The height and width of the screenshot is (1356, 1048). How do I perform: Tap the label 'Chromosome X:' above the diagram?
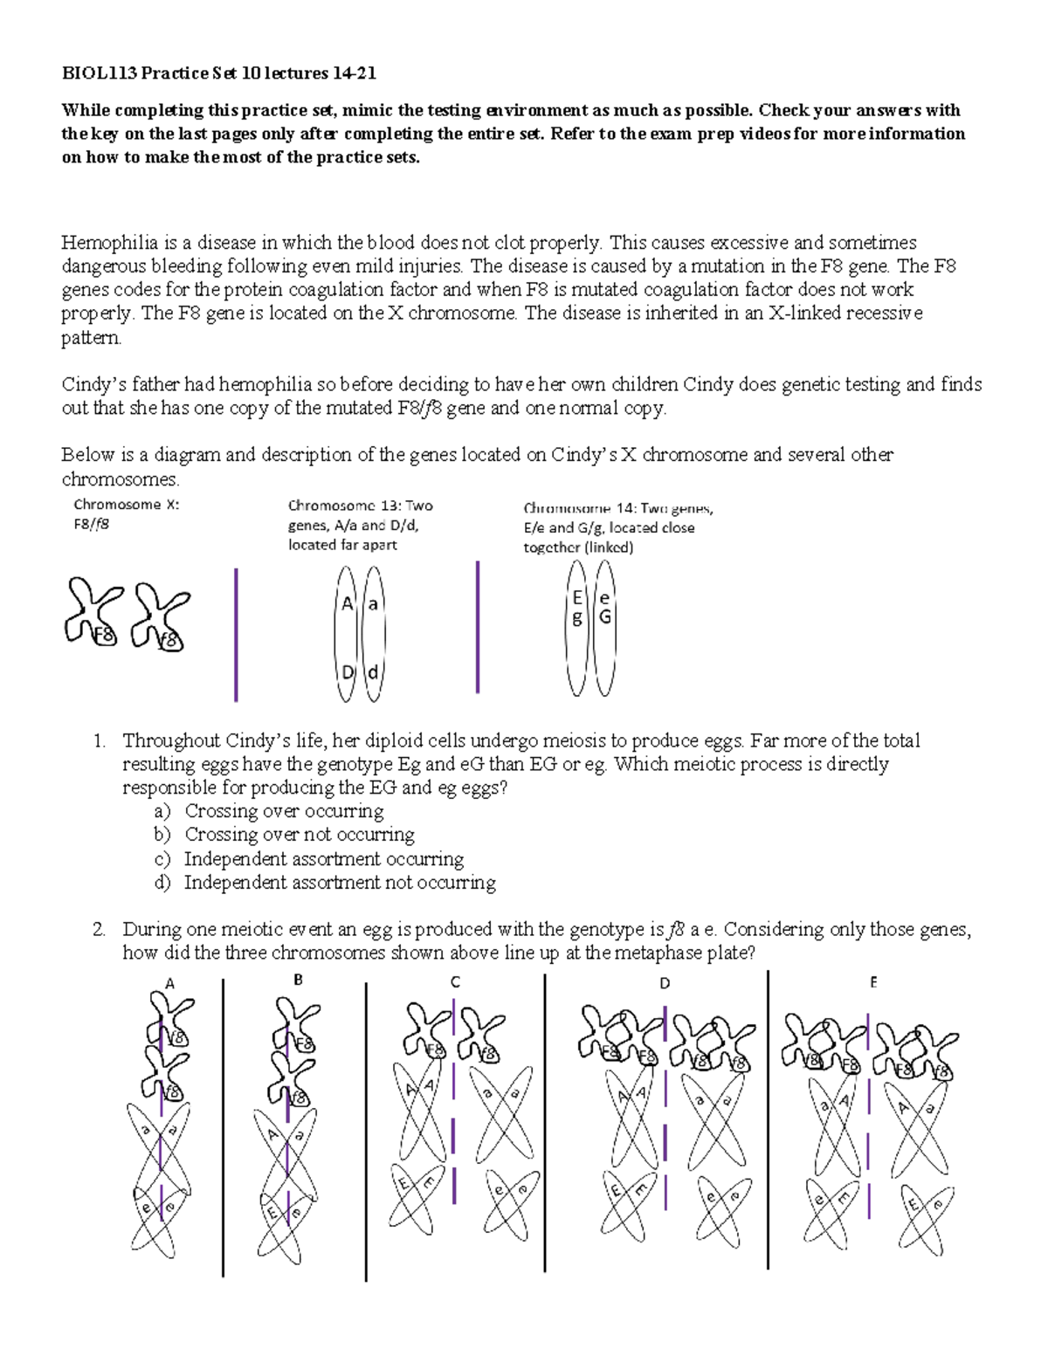(126, 505)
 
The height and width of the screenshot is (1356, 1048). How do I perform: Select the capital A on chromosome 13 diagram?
(348, 603)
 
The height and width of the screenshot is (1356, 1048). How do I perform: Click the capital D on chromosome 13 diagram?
(348, 672)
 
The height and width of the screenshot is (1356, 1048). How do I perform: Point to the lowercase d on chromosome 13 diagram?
(373, 673)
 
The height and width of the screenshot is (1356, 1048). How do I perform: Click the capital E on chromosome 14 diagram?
(577, 598)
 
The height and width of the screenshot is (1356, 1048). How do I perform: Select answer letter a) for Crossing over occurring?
(162, 811)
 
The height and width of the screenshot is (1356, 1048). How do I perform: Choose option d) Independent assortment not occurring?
(162, 883)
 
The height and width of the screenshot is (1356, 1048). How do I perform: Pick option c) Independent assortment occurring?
(162, 859)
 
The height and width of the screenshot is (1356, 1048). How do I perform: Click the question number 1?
(99, 741)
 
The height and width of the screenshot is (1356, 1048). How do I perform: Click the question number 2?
(99, 930)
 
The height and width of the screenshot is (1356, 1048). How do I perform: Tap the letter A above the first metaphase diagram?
(169, 984)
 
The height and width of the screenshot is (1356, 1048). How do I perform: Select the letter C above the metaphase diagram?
(455, 982)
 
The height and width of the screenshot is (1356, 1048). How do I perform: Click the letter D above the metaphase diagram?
(665, 984)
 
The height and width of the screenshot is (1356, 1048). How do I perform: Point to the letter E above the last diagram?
(872, 982)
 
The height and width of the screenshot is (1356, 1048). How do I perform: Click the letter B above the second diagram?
(298, 981)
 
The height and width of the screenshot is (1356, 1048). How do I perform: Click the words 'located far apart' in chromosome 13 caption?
(342, 545)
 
